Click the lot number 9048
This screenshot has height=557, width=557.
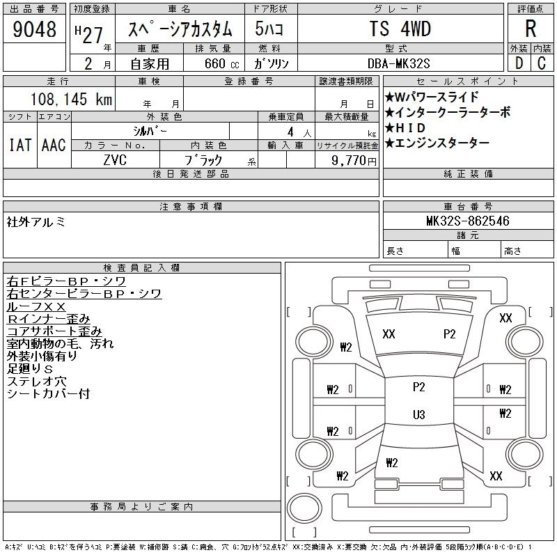pyautogui.click(x=34, y=30)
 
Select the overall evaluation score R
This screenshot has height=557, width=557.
pyautogui.click(x=531, y=29)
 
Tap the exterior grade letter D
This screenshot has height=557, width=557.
pyautogui.click(x=519, y=62)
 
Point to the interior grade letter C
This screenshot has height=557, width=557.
pyautogui.click(x=542, y=62)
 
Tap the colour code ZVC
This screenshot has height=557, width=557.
pyautogui.click(x=116, y=159)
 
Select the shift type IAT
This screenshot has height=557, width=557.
pyautogui.click(x=19, y=145)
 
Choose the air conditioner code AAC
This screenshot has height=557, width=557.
pyautogui.click(x=54, y=145)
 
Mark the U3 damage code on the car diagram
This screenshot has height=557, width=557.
pyautogui.click(x=418, y=414)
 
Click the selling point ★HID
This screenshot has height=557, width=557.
pyautogui.click(x=410, y=128)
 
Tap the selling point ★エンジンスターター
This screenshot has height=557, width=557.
pyautogui.click(x=437, y=143)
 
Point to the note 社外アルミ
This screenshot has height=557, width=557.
pyautogui.click(x=36, y=222)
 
